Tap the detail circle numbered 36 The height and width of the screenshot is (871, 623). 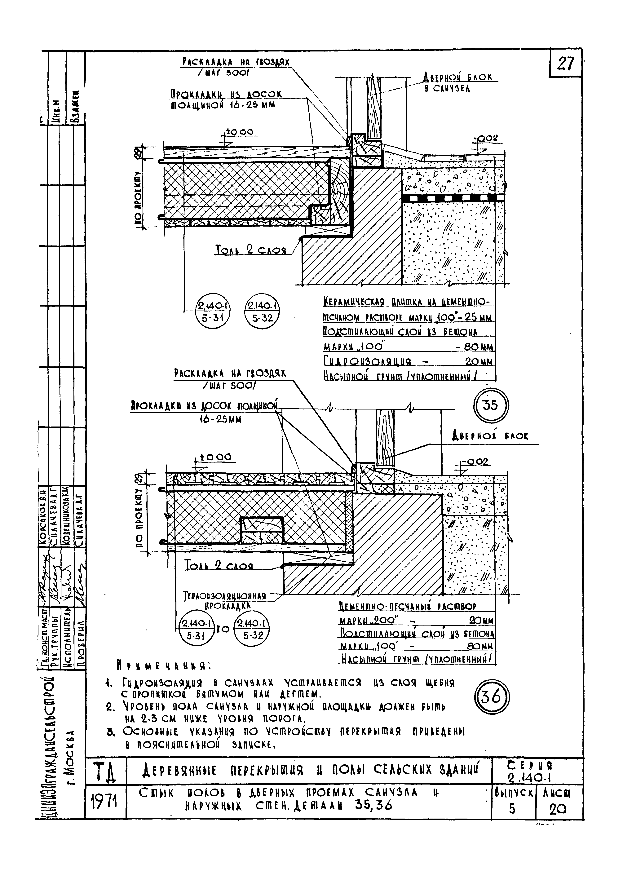pyautogui.click(x=491, y=698)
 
